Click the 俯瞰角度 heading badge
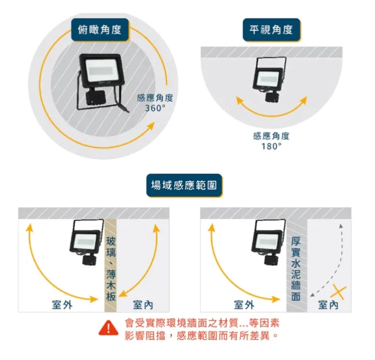[100, 30]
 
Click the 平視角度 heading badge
[271, 30]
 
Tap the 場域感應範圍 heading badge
[184, 185]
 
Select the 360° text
[155, 108]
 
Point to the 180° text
[271, 146]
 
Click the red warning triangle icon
[109, 328]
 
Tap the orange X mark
[338, 292]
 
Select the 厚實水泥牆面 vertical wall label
[296, 269]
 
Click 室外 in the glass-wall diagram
[62, 305]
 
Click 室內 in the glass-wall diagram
[143, 305]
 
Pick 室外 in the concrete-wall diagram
[244, 305]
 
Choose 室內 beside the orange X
[329, 305]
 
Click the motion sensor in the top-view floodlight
[95, 98]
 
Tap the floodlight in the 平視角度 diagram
[270, 79]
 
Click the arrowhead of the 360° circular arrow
[150, 126]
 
